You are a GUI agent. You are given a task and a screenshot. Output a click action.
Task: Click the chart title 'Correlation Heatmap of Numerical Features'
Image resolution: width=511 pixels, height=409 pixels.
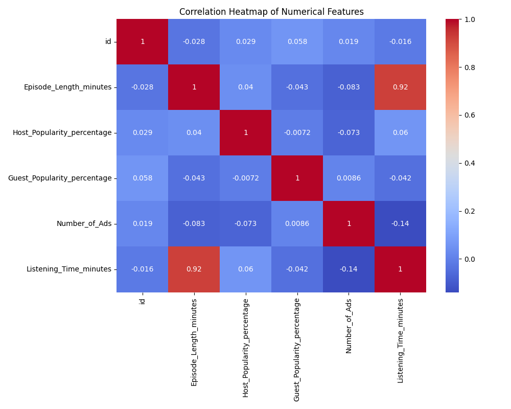(x=271, y=12)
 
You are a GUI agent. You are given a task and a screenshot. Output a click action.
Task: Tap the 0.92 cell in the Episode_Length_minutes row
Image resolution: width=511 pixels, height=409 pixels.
(x=400, y=87)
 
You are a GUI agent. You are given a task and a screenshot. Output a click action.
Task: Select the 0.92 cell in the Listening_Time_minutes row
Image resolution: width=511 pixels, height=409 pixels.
(x=194, y=269)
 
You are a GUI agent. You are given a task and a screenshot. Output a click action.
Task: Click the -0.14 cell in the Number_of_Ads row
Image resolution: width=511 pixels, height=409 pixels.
(x=400, y=223)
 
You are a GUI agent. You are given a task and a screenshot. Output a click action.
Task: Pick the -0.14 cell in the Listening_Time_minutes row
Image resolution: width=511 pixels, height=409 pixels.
(x=349, y=269)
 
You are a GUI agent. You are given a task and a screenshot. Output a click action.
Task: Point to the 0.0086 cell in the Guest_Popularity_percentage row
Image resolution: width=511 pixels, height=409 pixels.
(x=349, y=178)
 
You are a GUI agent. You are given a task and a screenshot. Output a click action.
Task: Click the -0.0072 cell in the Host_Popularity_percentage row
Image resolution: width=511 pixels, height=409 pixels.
(x=297, y=132)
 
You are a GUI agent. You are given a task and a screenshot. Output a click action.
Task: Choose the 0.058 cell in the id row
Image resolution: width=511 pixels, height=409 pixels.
(x=297, y=41)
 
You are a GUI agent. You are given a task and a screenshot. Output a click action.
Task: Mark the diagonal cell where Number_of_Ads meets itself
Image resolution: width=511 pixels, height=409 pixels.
(x=349, y=223)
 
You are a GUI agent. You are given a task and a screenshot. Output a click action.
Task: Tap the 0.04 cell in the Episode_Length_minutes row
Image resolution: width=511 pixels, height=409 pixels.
(x=245, y=87)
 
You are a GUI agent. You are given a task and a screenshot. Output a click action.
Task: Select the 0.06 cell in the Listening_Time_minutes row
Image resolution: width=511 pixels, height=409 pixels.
(x=245, y=269)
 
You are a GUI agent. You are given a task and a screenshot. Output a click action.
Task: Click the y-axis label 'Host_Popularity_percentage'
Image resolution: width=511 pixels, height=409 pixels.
(x=62, y=132)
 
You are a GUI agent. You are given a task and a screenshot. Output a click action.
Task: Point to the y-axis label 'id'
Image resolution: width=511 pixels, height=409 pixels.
(x=108, y=41)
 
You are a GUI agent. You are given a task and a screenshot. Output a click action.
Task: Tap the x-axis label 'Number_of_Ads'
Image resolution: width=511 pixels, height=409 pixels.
(x=349, y=325)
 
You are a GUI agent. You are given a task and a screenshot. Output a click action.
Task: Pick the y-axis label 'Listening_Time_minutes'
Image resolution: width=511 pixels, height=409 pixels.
(x=68, y=269)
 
